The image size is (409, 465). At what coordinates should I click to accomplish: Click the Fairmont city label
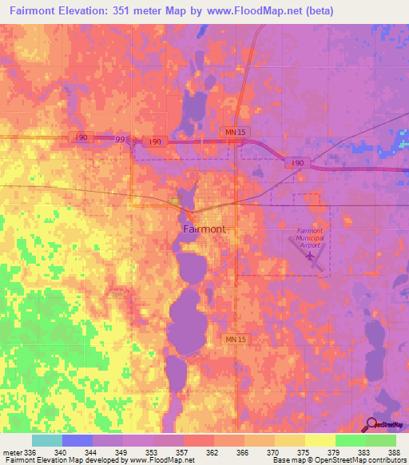(x=204, y=229)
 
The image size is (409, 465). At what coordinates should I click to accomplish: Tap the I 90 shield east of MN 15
(x=297, y=163)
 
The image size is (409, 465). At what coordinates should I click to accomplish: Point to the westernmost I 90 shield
(x=82, y=137)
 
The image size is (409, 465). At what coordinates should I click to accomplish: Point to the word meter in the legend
(x=11, y=452)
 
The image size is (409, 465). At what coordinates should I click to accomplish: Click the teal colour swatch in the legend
(x=46, y=440)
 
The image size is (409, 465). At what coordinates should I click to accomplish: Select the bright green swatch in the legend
(x=350, y=440)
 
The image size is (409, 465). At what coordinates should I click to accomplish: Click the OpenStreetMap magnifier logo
(x=373, y=424)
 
